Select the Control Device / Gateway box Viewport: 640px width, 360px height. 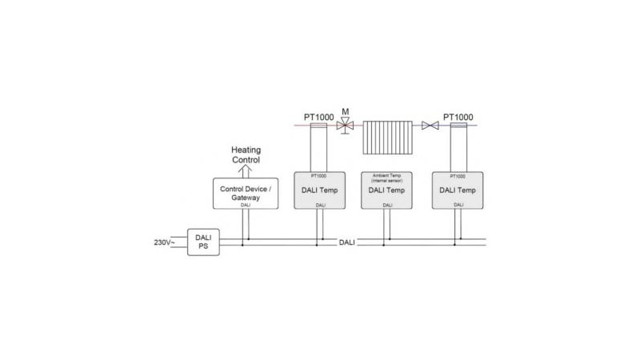245,194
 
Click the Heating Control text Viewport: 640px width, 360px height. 246,154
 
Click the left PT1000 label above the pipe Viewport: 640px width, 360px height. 318,117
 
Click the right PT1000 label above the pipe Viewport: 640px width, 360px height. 459,117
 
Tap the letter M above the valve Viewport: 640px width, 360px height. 346,111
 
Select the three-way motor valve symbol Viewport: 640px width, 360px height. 346,126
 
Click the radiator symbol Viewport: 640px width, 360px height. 388,137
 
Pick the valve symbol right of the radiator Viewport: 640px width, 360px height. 430,126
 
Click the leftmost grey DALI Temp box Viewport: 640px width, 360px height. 320,190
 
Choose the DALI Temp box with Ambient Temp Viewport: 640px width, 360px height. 387,190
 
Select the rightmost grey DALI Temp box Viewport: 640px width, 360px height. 458,190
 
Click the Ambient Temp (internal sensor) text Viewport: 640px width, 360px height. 387,178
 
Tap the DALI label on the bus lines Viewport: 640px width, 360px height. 346,242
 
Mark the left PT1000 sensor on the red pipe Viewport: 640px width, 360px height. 319,126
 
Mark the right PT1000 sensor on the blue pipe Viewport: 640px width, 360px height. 458,126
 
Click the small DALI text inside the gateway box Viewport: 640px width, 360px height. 245,205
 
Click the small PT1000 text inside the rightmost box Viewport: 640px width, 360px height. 458,175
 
